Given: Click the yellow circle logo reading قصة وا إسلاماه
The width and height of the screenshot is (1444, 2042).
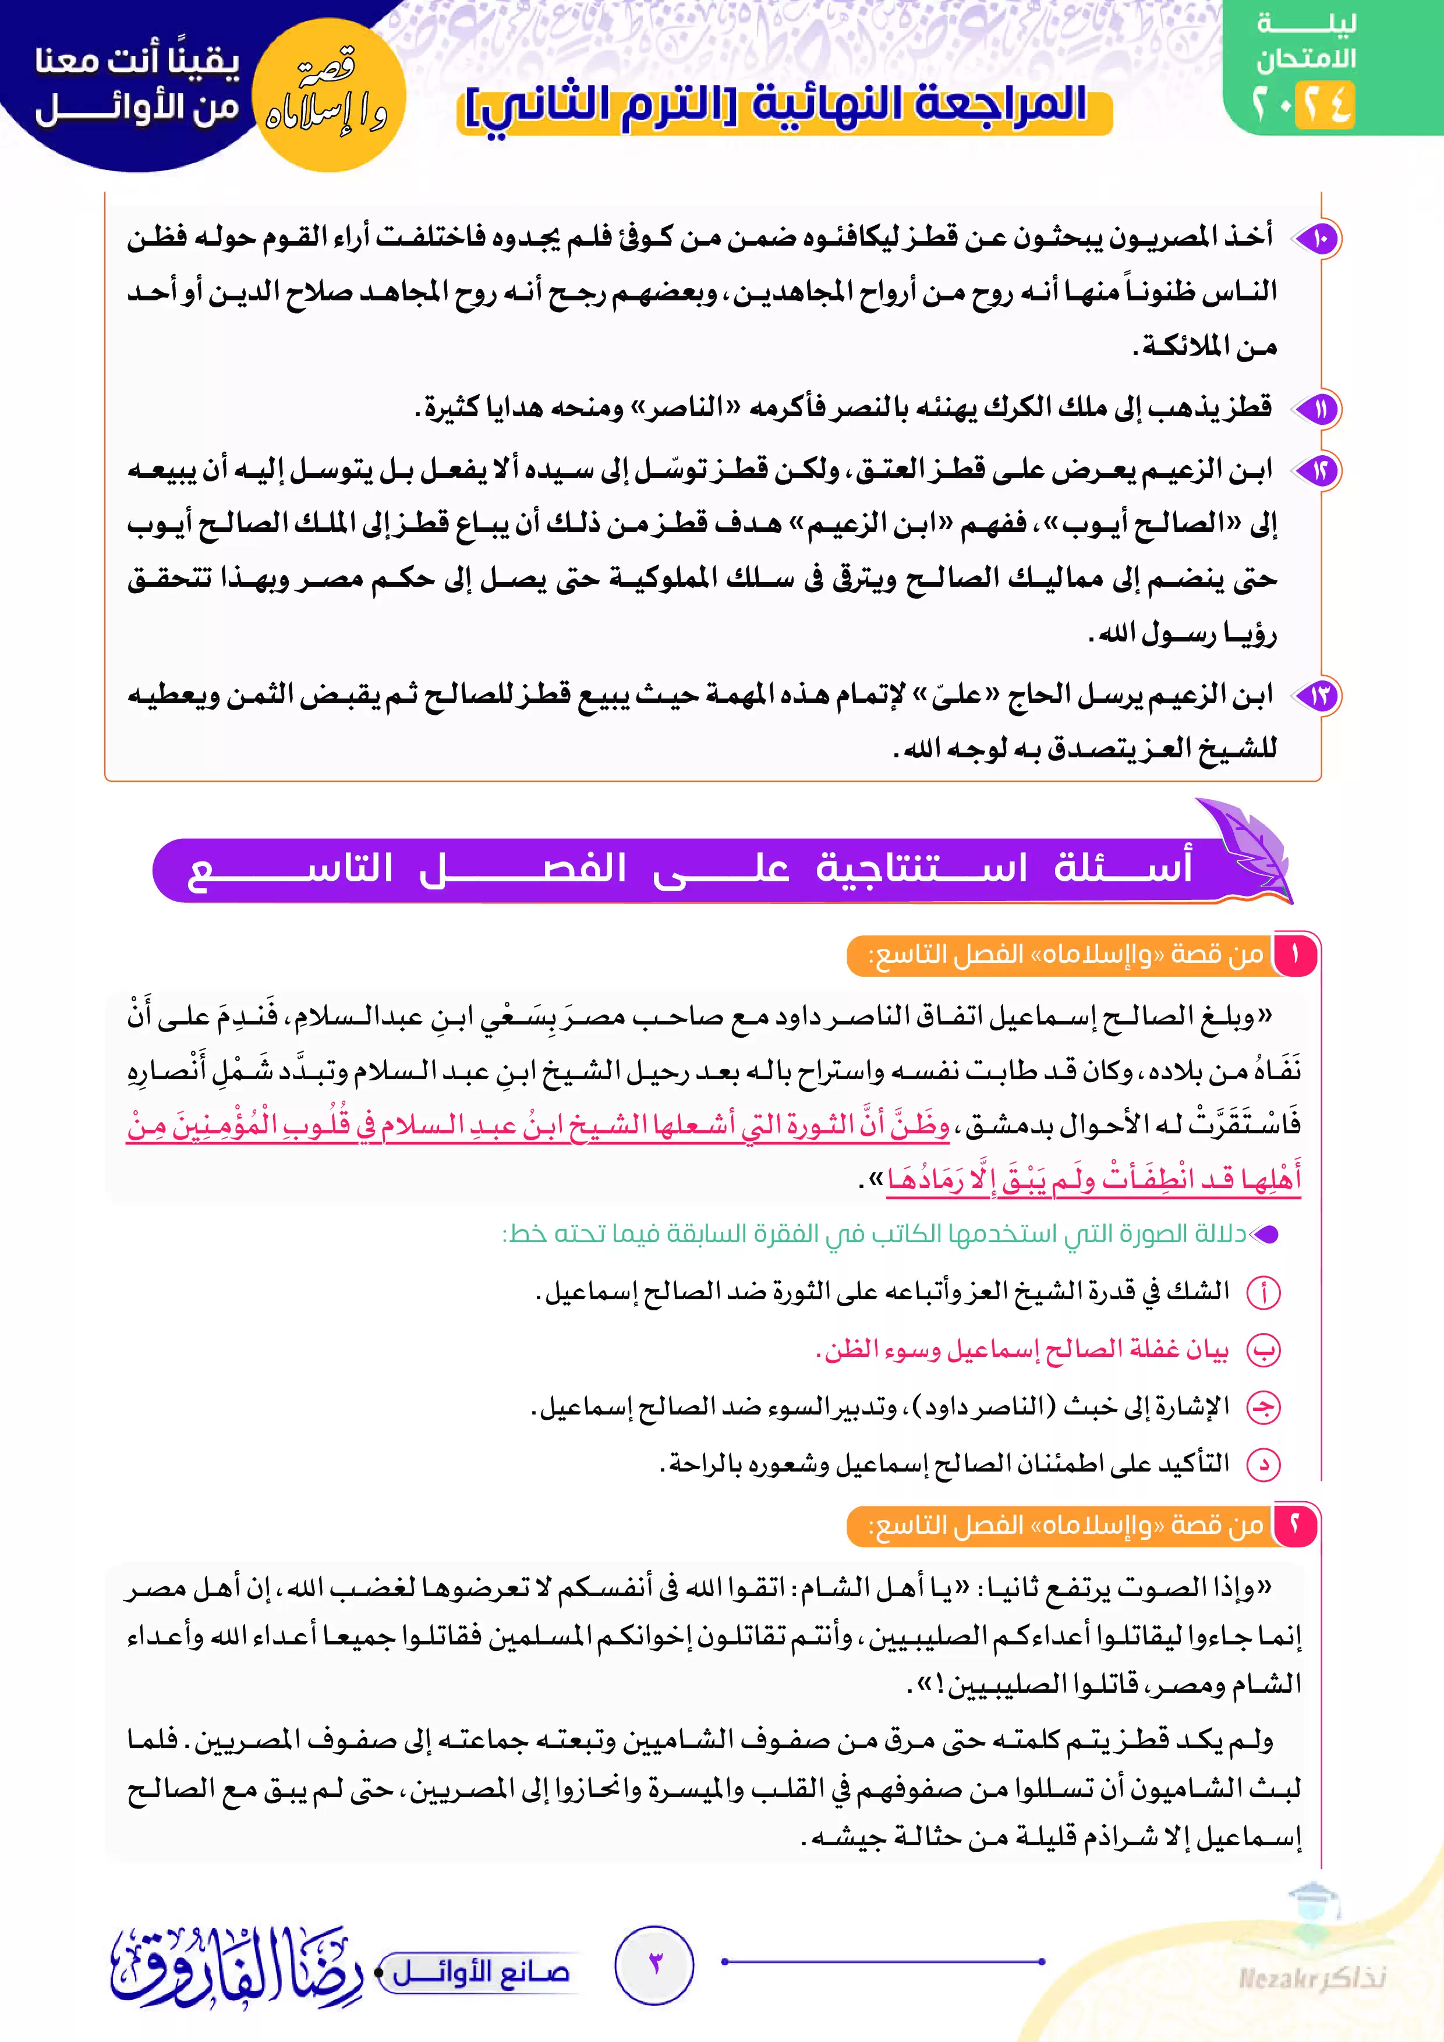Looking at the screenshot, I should (328, 95).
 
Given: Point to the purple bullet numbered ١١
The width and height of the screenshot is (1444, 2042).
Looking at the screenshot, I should (1319, 409).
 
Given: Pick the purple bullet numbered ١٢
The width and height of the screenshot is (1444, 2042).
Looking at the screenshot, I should (1319, 470).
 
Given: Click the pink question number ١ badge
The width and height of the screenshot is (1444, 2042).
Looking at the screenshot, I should (1294, 955).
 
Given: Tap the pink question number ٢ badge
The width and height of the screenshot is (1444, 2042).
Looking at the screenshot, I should (1294, 1526).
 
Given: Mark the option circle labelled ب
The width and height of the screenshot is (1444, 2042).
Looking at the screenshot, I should (1263, 1350).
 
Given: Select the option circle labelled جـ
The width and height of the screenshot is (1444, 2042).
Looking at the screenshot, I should (1263, 1407).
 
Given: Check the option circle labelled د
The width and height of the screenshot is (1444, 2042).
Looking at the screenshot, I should (1263, 1464).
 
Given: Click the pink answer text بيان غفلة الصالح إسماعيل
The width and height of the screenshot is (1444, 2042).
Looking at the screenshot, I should (1023, 1350).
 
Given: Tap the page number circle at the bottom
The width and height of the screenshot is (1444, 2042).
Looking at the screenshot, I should (655, 1964).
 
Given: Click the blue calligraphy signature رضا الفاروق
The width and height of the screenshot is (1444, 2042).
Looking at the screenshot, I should (236, 1966).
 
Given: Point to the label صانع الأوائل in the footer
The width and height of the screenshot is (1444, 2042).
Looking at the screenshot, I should (480, 1973).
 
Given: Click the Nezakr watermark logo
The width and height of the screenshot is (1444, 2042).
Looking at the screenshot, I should (1313, 1956).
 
